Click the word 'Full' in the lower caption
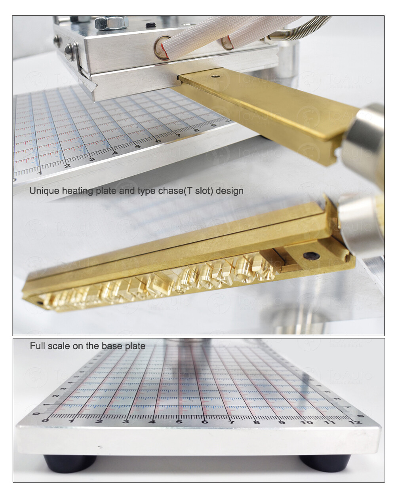37,346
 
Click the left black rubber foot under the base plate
70,462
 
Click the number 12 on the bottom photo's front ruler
356,422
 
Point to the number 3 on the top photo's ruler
92,159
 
